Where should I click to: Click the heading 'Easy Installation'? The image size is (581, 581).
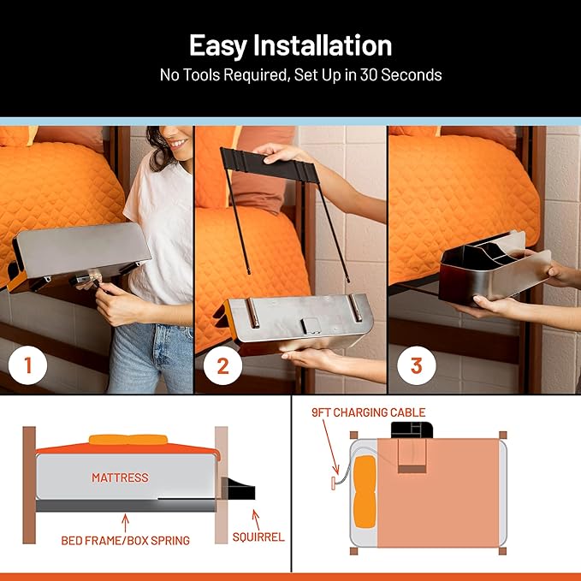290,44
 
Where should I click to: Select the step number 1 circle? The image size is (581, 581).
28,366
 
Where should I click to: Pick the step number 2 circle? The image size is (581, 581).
222,366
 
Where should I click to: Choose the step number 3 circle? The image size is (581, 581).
417,366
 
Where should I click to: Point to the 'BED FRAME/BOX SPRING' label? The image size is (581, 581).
127,541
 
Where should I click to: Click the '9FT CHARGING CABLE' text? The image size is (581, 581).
368,412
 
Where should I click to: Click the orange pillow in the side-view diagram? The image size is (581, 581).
128,440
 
